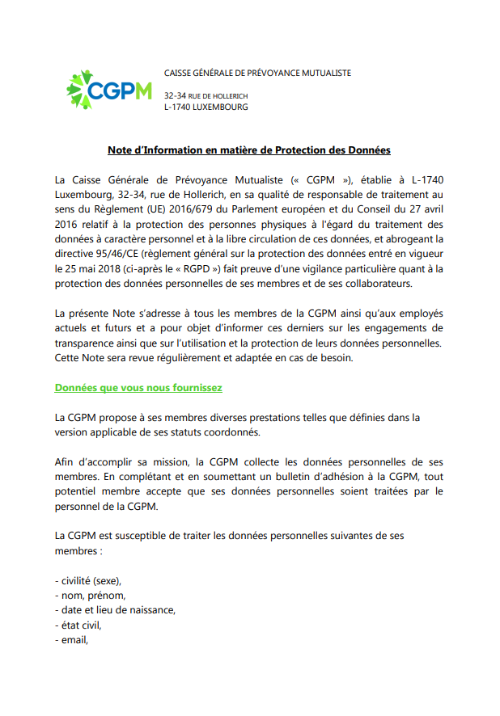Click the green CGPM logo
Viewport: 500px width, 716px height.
(108, 90)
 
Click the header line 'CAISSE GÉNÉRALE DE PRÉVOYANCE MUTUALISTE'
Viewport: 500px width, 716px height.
(257, 73)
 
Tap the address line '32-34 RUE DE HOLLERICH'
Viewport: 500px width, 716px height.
(206, 95)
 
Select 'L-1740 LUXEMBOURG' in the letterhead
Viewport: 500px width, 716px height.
(206, 107)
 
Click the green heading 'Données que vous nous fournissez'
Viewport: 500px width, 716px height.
(138, 387)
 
